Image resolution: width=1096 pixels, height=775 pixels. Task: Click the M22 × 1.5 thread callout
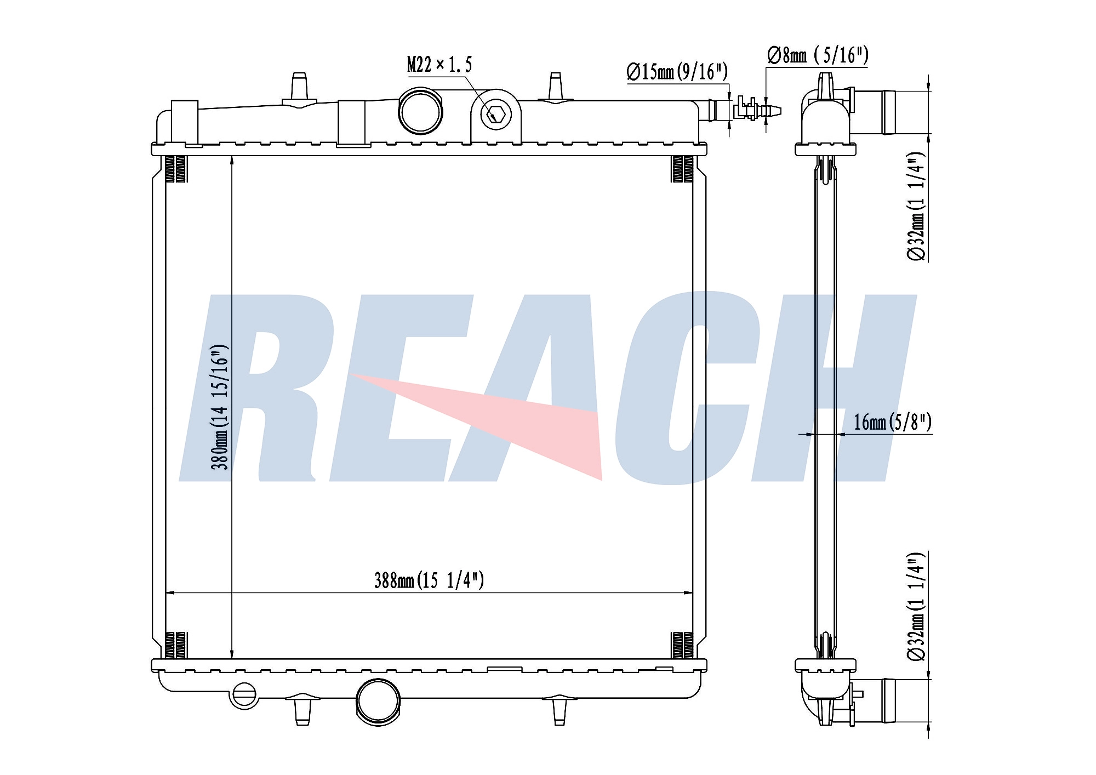coord(439,65)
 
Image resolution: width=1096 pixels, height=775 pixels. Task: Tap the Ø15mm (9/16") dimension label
coord(677,71)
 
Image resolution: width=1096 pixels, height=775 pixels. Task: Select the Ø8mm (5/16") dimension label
coord(818,55)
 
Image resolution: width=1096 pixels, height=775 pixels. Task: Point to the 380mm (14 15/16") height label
coord(219,407)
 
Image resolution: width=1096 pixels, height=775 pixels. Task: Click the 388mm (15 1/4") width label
coord(429,580)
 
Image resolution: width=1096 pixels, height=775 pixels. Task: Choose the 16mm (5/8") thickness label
coord(893,421)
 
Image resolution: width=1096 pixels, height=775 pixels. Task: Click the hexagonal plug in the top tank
coord(496,115)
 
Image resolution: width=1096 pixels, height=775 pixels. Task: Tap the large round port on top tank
coord(420,111)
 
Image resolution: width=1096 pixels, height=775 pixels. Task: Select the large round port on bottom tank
coord(378,700)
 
